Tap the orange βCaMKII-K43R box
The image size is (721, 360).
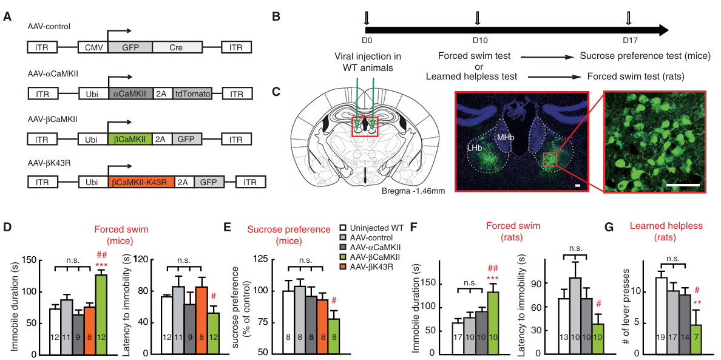141,182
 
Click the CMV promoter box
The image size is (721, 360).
93,47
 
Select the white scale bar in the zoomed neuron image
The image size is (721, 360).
683,184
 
